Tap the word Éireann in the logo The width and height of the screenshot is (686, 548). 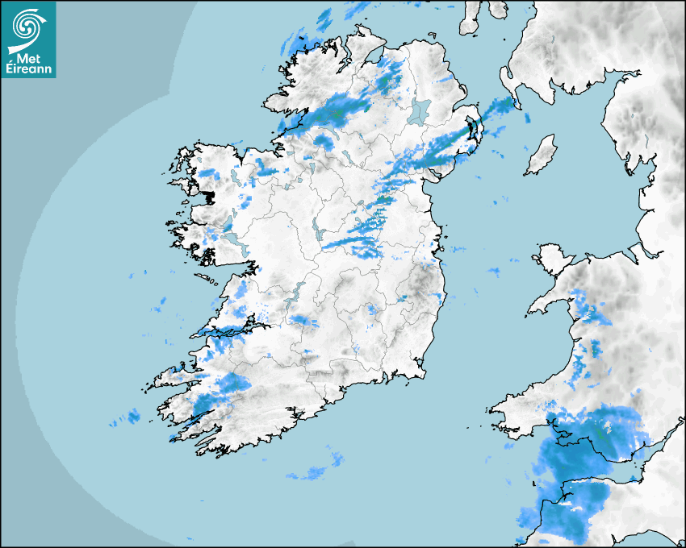click(29, 70)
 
